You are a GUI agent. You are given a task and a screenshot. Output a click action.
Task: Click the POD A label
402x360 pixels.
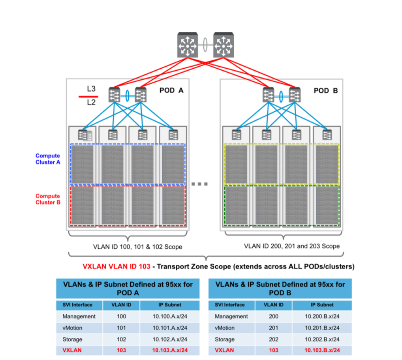[171, 90]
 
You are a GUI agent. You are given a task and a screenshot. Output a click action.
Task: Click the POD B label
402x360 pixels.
[326, 91]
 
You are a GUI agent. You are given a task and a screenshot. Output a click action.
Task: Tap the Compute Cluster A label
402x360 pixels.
[48, 159]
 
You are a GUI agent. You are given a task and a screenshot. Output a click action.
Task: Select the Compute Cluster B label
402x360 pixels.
[48, 199]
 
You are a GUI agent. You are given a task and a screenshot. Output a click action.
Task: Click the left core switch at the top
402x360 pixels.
[188, 45]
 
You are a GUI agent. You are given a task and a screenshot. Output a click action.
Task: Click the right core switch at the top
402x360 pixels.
[224, 45]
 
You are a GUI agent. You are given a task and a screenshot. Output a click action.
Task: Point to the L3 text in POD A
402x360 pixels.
[91, 89]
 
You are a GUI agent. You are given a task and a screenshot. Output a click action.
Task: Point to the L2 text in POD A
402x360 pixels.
[91, 102]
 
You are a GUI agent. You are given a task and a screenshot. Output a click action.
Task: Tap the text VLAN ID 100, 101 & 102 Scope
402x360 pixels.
[138, 247]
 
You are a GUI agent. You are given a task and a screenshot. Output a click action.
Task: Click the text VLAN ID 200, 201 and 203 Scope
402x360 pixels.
[292, 246]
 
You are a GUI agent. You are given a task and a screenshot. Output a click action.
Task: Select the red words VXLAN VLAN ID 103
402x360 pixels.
[116, 266]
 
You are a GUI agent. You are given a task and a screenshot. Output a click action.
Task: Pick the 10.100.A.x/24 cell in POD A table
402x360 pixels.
[170, 317]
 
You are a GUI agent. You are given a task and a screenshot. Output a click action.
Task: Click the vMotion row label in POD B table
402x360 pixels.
[225, 328]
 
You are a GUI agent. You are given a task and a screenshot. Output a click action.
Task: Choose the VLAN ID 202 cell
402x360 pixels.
[274, 339]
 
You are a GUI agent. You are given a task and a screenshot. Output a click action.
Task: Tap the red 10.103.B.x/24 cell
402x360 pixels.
[322, 350]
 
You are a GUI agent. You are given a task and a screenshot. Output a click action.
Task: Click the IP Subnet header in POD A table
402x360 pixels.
[170, 305]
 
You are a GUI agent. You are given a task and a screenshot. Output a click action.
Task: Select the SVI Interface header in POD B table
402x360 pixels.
[230, 305]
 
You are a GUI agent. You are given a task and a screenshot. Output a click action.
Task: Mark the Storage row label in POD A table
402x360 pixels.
[72, 339]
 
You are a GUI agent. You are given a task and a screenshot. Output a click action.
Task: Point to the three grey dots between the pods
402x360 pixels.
[199, 184]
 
